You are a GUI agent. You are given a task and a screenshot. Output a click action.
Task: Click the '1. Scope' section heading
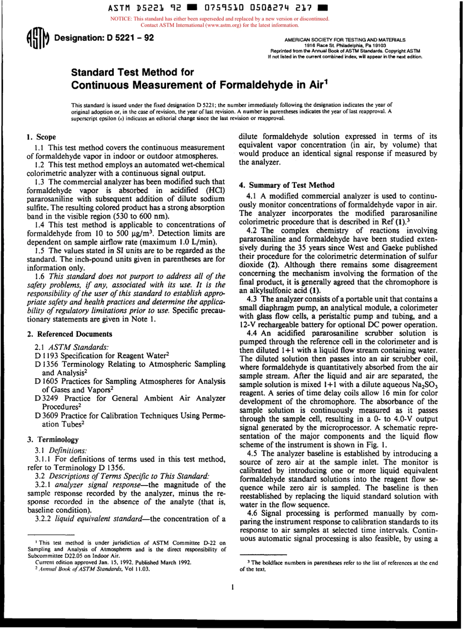[41, 137]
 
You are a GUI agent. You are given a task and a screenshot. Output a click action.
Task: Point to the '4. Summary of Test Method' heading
[287, 185]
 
